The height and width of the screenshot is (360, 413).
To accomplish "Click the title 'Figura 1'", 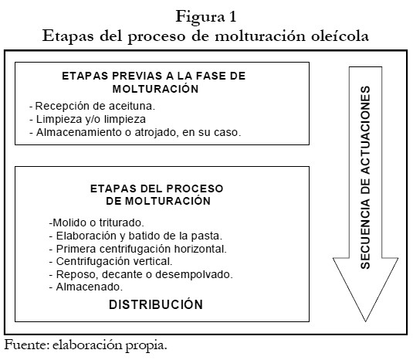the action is pyautogui.click(x=206, y=17).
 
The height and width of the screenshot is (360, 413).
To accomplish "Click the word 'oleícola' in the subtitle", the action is pyautogui.click(x=340, y=36).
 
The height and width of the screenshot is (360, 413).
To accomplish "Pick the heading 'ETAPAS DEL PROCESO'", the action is pyautogui.click(x=157, y=188).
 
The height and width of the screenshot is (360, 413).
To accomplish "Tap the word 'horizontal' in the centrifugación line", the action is pyautogui.click(x=199, y=249).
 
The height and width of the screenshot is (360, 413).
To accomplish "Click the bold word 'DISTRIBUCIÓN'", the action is pyautogui.click(x=156, y=304).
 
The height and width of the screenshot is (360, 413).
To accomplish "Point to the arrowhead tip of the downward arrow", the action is pyautogui.click(x=366, y=321).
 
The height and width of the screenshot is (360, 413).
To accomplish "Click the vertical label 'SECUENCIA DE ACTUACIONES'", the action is pyautogui.click(x=366, y=178).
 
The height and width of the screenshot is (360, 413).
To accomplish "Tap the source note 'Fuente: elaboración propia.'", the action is pyautogui.click(x=86, y=345).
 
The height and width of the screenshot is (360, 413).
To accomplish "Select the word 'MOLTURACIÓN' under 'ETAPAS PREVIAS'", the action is pyautogui.click(x=155, y=89).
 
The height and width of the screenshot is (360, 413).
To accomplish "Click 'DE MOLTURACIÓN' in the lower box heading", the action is pyautogui.click(x=158, y=201).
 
